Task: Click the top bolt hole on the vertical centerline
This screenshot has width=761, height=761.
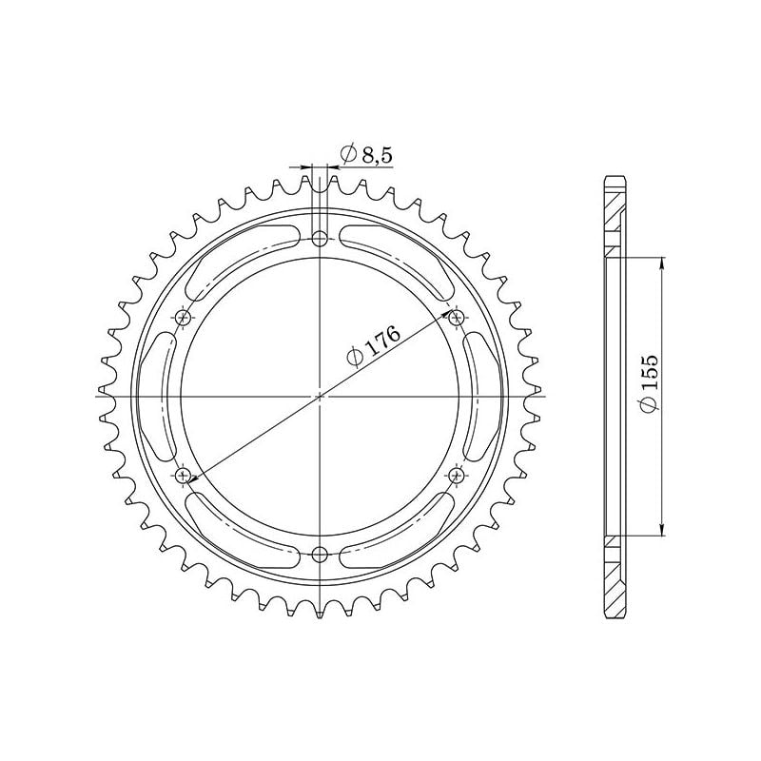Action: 320,238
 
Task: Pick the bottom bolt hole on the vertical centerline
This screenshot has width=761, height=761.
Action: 320,554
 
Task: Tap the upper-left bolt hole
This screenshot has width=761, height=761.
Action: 184,317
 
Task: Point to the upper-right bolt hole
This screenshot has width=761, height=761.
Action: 456,317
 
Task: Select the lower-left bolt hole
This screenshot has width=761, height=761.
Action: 184,474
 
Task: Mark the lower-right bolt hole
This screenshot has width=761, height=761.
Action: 456,474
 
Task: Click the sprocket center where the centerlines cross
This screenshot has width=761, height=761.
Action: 320,395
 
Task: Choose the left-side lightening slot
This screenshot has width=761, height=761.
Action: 157,395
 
